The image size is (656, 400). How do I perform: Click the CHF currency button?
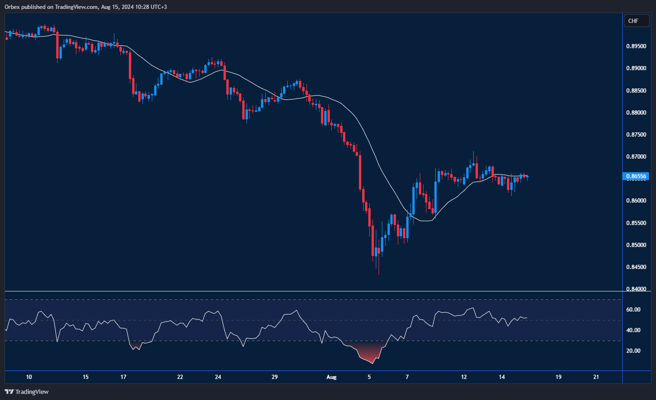click(636, 21)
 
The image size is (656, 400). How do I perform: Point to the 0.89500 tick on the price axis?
click(638, 46)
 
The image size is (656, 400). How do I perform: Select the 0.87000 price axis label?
click(638, 156)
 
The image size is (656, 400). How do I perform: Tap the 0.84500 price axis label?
click(638, 267)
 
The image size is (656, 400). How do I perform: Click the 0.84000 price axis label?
click(638, 289)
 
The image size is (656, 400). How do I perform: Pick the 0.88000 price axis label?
click(638, 112)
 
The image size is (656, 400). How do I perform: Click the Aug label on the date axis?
click(331, 377)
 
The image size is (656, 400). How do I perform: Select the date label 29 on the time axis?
click(275, 377)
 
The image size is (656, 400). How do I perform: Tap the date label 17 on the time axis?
click(123, 377)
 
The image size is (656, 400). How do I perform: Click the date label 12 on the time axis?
click(464, 377)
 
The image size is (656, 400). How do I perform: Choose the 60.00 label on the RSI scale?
click(634, 309)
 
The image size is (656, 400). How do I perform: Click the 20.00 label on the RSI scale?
click(634, 350)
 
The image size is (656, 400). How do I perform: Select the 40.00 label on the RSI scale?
click(634, 330)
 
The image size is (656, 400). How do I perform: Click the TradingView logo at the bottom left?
click(27, 392)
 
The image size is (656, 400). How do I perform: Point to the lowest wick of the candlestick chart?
click(378, 274)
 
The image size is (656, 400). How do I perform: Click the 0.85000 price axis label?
click(638, 245)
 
